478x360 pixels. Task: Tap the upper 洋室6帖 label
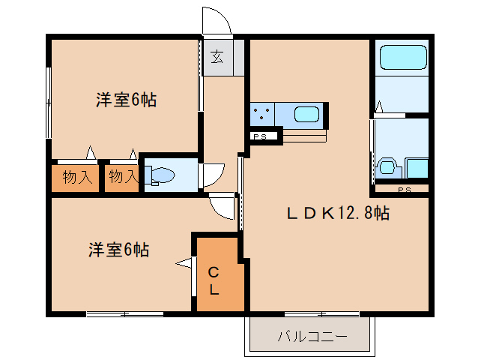click(126, 100)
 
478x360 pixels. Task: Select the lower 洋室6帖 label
click(118, 250)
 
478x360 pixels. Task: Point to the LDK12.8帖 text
click(338, 213)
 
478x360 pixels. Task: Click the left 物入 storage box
click(77, 178)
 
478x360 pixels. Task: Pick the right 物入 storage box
click(121, 178)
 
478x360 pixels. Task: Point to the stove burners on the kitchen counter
click(262, 115)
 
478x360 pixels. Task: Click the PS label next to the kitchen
click(261, 136)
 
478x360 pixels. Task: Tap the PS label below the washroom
click(404, 189)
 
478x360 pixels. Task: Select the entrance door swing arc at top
click(218, 20)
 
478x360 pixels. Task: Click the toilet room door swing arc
click(214, 174)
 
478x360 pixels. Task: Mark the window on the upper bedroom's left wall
click(49, 101)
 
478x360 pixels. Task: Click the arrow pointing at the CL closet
click(184, 262)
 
